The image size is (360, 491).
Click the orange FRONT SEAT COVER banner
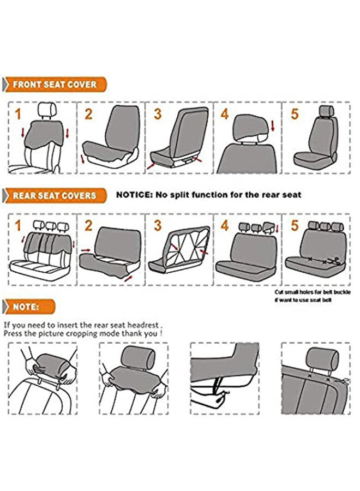pyautogui.click(x=55, y=85)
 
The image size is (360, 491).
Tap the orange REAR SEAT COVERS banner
pyautogui.click(x=55, y=196)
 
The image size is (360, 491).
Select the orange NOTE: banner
pyautogui.click(x=29, y=307)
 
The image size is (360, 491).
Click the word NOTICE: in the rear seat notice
pyautogui.click(x=134, y=195)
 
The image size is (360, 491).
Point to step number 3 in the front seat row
pyautogui.click(x=158, y=114)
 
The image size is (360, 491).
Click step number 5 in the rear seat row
pyautogui.click(x=295, y=225)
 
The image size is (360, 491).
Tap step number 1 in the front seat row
pyautogui.click(x=18, y=114)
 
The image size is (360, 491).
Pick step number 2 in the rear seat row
pyautogui.click(x=88, y=225)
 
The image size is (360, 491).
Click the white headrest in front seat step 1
pyautogui.click(x=47, y=110)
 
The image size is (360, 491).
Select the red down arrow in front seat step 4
pyautogui.click(x=273, y=126)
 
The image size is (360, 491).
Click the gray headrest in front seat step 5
pyautogui.click(x=327, y=111)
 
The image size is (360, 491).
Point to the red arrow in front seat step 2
pyautogui.click(x=83, y=159)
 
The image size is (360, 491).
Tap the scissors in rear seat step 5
pyautogui.click(x=335, y=261)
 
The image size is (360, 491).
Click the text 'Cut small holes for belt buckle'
pyautogui.click(x=313, y=292)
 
